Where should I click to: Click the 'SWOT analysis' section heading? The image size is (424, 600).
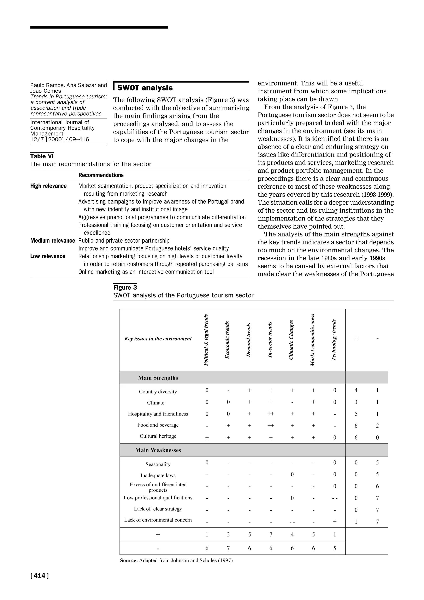(x=145, y=88)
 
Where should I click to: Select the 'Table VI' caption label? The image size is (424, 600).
(x=42, y=156)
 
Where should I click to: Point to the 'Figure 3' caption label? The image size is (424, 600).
(x=125, y=287)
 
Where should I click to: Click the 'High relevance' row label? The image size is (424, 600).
(x=48, y=186)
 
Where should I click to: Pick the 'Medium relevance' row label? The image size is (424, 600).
(x=53, y=241)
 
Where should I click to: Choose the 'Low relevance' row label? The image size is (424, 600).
(x=48, y=256)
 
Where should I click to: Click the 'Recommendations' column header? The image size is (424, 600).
(x=101, y=175)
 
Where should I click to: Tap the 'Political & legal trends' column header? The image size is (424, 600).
(x=206, y=340)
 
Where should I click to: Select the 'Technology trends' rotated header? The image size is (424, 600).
(x=334, y=340)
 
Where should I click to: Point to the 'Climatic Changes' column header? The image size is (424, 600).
(x=291, y=340)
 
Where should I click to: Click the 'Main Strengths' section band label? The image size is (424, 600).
(x=158, y=378)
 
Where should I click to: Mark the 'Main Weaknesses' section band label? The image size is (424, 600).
(x=158, y=450)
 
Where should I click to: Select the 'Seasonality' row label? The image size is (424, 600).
(x=158, y=464)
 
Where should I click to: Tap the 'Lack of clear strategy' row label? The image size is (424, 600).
(x=158, y=508)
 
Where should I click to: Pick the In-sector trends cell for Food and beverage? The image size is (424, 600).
(x=271, y=426)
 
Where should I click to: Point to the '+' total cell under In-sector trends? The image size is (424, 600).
(x=271, y=535)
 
